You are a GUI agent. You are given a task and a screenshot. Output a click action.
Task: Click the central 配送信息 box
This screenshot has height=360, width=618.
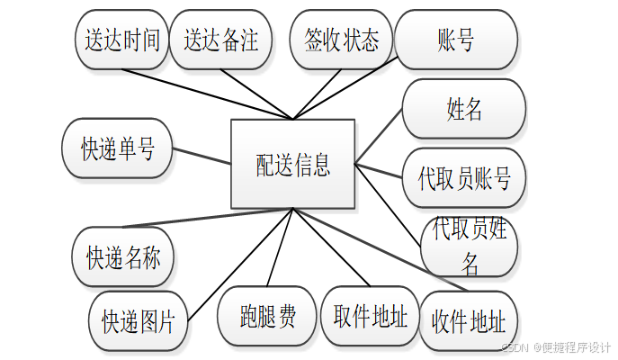tap(293, 165)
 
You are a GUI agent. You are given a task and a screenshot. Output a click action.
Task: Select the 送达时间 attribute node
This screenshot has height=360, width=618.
tap(121, 40)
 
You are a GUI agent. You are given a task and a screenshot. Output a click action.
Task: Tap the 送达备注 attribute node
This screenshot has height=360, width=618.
tap(221, 40)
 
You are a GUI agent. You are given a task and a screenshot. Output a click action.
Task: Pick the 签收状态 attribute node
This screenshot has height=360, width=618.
tap(341, 40)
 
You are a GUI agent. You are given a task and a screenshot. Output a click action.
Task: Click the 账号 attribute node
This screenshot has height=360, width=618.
tap(456, 40)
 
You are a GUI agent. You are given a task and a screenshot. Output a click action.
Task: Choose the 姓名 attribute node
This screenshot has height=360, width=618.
tap(464, 109)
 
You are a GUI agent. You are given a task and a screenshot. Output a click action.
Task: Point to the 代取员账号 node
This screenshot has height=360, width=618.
tap(464, 177)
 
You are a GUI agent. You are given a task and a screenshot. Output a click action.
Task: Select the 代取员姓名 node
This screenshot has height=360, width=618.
tap(470, 246)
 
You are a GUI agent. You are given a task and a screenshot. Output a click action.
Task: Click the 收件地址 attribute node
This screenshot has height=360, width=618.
tap(468, 321)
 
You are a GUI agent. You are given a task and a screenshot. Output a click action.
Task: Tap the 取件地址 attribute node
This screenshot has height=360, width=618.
tap(370, 316)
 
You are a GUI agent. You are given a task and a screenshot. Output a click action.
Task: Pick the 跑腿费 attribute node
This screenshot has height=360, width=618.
tap(268, 316)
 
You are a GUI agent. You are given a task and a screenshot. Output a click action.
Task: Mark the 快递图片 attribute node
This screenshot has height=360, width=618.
tap(138, 320)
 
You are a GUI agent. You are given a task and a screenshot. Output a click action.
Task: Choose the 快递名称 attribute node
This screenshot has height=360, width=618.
tap(123, 257)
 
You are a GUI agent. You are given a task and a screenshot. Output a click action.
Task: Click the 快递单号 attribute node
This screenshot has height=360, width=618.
tap(118, 149)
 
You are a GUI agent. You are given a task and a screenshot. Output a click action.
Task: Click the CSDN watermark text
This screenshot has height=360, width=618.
tap(555, 346)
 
